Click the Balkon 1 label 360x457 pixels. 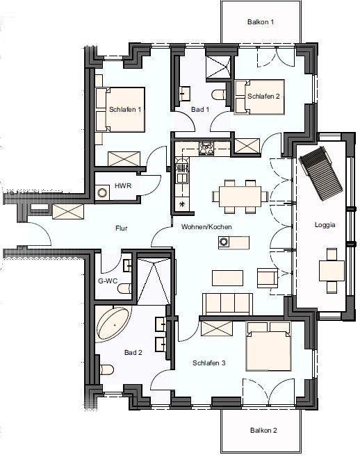[x=261, y=22]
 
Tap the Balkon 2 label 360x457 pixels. [x=263, y=430]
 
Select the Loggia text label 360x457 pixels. [x=325, y=225]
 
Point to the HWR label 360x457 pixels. [x=123, y=185]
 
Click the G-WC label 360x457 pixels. [x=108, y=281]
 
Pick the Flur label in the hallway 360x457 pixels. [x=122, y=228]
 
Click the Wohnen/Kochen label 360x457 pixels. [x=206, y=226]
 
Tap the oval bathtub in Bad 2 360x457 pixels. [x=114, y=324]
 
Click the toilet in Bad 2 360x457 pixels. [x=106, y=369]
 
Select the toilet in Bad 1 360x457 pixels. [x=219, y=95]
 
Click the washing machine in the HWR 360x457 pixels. [x=102, y=193]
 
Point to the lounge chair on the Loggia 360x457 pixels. [x=320, y=174]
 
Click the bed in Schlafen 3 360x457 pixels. [x=269, y=347]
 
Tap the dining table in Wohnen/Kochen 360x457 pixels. [x=240, y=196]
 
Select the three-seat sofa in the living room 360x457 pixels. [x=227, y=304]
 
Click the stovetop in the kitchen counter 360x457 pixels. [x=206, y=149]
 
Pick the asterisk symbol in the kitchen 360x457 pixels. [x=183, y=204]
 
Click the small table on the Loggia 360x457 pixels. [x=332, y=271]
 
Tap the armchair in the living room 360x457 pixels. [x=268, y=278]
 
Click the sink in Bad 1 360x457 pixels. [x=185, y=93]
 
